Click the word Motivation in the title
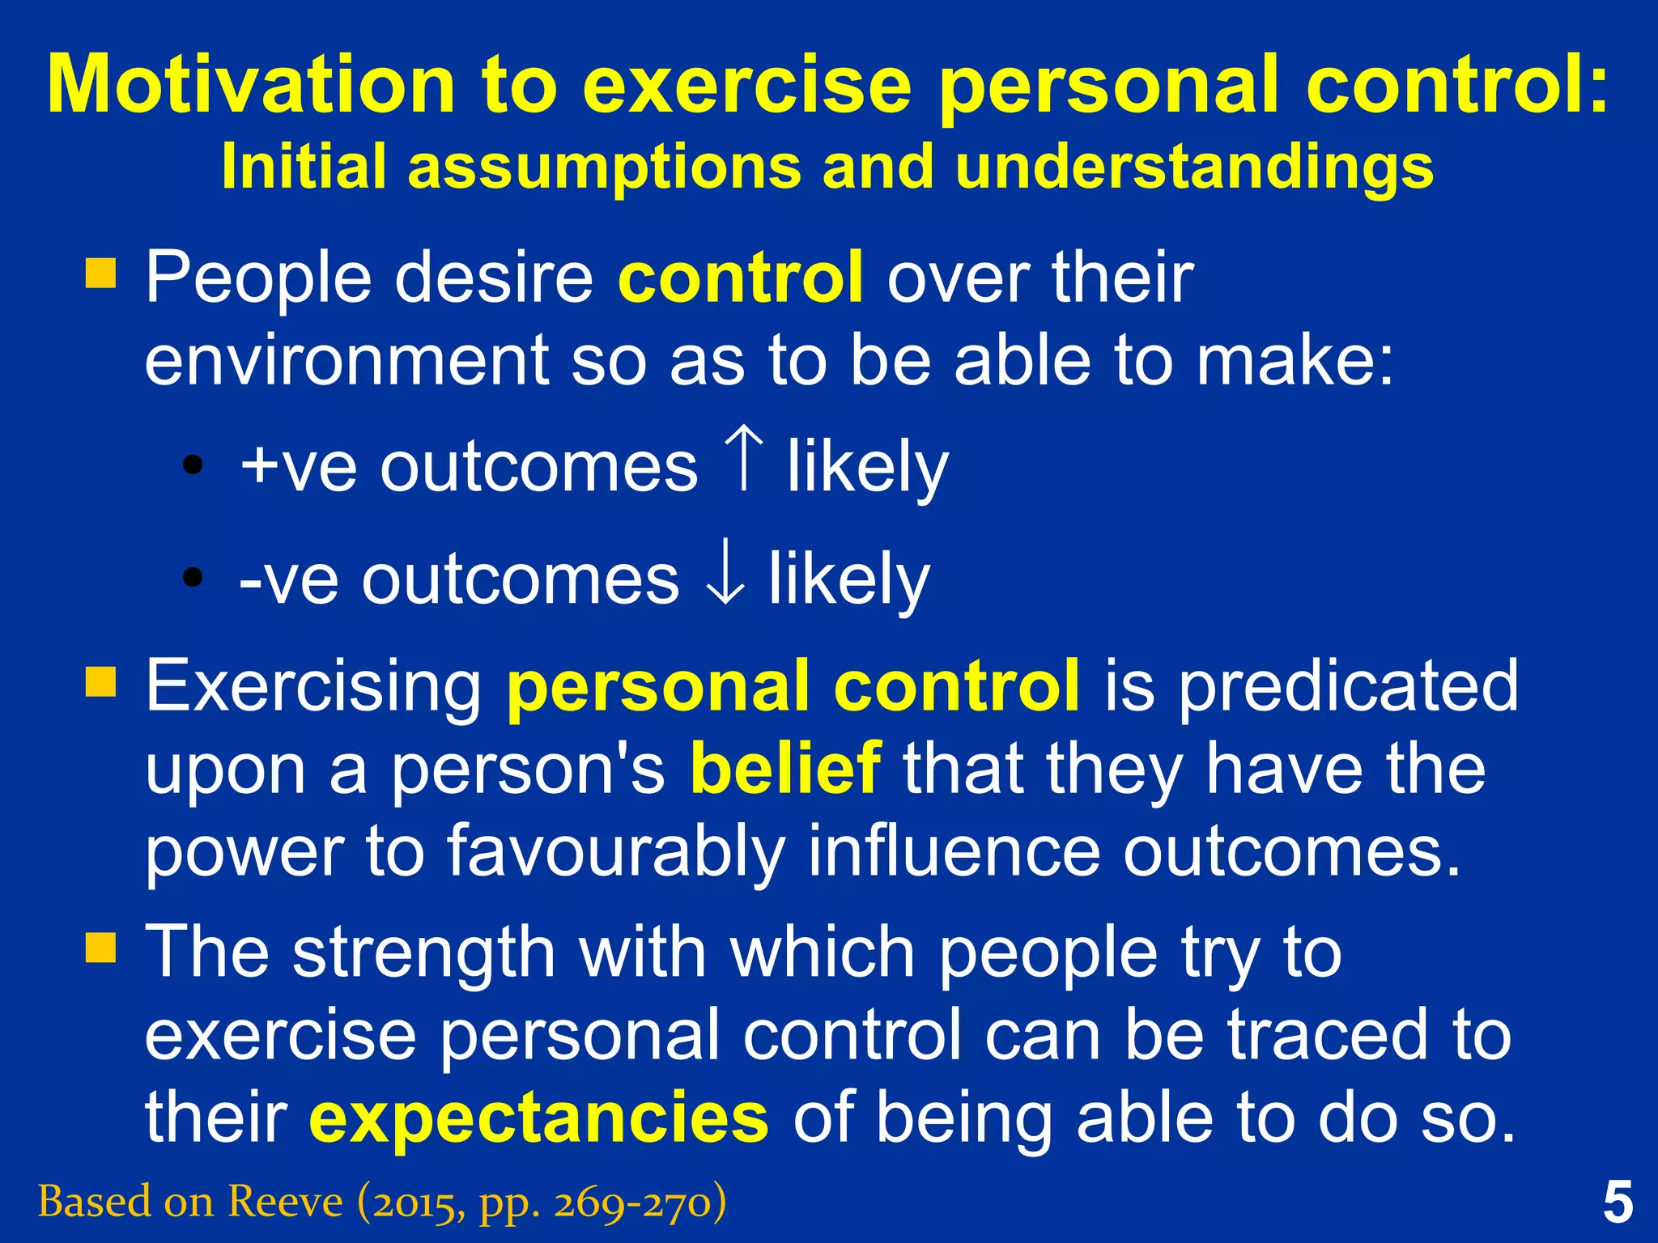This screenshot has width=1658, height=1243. click(251, 85)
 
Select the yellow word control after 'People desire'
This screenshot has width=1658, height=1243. click(740, 278)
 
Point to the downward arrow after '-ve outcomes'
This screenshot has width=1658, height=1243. click(725, 576)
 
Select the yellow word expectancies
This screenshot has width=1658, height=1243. click(538, 1117)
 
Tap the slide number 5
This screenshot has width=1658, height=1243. click(1617, 1203)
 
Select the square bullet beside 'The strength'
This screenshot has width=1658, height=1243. click(101, 947)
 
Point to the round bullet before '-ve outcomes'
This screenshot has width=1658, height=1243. click(193, 577)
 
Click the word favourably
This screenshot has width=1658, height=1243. click(615, 851)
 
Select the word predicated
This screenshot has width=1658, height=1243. click(1347, 685)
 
